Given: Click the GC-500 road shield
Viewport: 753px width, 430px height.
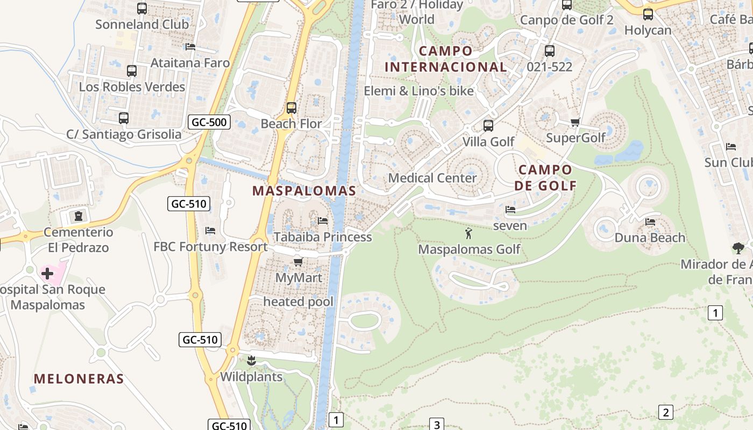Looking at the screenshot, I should (x=210, y=122).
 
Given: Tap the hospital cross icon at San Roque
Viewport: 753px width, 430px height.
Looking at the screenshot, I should (x=47, y=274).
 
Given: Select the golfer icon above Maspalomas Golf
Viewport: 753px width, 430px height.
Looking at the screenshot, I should (x=468, y=233).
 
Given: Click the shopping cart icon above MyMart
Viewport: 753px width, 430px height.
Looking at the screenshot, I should (x=298, y=262).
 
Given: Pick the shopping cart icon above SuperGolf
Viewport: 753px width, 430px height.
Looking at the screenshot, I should (x=575, y=122).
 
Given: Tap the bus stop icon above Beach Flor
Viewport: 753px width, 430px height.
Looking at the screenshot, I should (x=292, y=108).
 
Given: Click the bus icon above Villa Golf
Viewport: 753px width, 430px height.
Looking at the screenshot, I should (x=488, y=126).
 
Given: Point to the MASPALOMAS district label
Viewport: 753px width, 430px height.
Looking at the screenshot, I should (x=304, y=191).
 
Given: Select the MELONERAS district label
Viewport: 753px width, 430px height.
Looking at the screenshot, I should (x=79, y=378).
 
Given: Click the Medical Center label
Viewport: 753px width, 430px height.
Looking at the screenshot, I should (x=432, y=178).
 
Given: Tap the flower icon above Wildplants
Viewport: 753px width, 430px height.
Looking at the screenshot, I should (x=251, y=360).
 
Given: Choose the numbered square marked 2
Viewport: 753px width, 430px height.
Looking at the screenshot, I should (x=665, y=412).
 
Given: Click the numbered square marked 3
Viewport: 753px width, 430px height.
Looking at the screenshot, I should (x=436, y=425).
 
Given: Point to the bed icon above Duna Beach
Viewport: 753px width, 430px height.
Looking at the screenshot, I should (x=650, y=221).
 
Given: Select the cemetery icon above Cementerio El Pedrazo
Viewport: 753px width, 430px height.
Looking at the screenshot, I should (x=79, y=216).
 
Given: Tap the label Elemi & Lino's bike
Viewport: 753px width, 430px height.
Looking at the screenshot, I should (x=419, y=91).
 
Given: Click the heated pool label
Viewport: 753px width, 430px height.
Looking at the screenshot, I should (x=298, y=302).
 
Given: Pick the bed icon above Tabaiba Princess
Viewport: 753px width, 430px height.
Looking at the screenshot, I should (x=323, y=220).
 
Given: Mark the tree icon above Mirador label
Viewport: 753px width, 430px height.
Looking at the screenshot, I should (x=738, y=248).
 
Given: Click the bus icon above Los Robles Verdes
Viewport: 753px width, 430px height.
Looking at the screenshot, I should (x=132, y=70).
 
